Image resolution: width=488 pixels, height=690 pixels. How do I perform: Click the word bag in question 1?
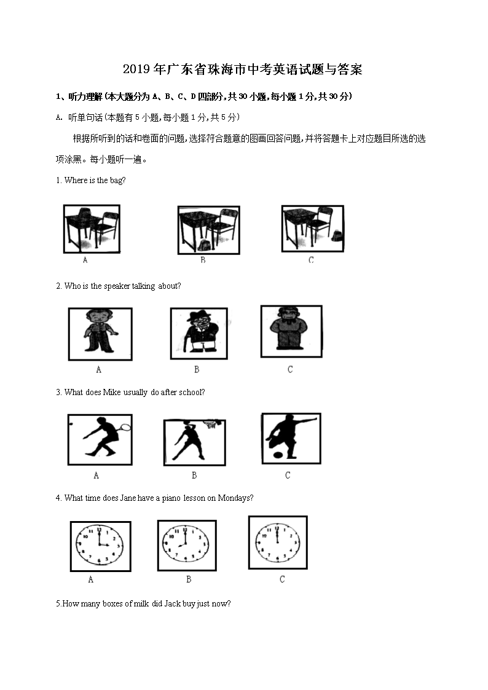[117, 181]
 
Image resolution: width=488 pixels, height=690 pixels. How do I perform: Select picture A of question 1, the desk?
[92, 229]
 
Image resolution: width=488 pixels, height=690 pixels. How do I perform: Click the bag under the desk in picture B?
[204, 245]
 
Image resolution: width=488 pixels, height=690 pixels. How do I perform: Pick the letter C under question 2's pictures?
[290, 370]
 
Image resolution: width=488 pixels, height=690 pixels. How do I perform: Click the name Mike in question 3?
[111, 393]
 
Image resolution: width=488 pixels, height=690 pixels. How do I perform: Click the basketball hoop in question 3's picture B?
[212, 423]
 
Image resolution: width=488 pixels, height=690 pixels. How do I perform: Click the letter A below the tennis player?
[96, 476]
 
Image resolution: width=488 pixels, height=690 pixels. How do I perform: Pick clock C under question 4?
[277, 542]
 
